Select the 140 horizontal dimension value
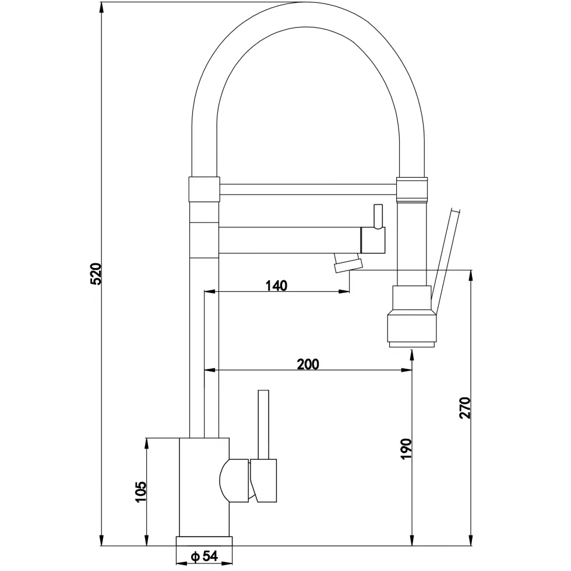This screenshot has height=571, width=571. (x=276, y=286)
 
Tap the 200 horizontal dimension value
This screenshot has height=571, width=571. (x=308, y=364)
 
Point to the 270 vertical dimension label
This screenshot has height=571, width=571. (x=465, y=407)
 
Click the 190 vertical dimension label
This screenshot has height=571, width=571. (x=406, y=449)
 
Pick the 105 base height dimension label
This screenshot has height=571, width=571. (x=140, y=492)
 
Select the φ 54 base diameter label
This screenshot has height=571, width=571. (x=205, y=556)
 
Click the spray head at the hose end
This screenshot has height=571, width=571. (x=411, y=316)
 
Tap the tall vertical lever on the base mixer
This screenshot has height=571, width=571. (x=263, y=425)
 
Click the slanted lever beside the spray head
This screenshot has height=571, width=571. (x=445, y=260)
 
